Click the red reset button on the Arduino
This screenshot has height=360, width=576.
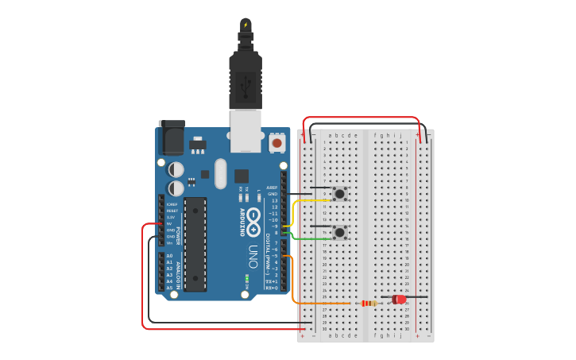pyautogui.click(x=276, y=143)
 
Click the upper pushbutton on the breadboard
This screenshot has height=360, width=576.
pyautogui.click(x=340, y=193)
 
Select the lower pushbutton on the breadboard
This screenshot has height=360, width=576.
pyautogui.click(x=340, y=232)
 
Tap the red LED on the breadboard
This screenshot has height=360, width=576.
pyautogui.click(x=399, y=300)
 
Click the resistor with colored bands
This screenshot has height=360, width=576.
pyautogui.click(x=369, y=303)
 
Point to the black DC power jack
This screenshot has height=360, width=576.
pyautogui.click(x=171, y=138)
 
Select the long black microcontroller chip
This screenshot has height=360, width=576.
pyautogui.click(x=195, y=244)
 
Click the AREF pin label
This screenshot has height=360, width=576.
pyautogui.click(x=272, y=188)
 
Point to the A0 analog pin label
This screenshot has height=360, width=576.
pyautogui.click(x=169, y=256)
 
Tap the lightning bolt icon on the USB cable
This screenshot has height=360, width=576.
pyautogui.click(x=245, y=25)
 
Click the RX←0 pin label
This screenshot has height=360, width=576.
pyautogui.click(x=271, y=288)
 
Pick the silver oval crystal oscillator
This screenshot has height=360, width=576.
pyautogui.click(x=220, y=174)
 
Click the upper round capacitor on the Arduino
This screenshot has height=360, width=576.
pyautogui.click(x=176, y=169)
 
